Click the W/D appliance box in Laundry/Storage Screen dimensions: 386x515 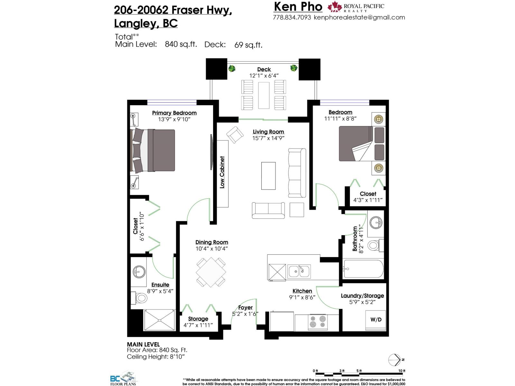[376, 320]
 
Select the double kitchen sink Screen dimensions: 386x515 [299, 271]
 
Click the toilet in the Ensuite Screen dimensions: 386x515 [140, 298]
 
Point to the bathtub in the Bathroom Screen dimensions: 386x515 [363, 269]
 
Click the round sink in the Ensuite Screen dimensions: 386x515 [139, 272]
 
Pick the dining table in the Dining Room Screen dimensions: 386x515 [211, 272]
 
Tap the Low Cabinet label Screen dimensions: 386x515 [222, 172]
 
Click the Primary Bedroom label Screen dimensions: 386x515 [174, 113]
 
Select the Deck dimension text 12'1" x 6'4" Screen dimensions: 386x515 [264, 76]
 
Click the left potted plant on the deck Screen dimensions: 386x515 [232, 68]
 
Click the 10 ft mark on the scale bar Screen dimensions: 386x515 [402, 371]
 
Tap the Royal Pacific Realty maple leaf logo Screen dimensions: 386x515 [334, 7]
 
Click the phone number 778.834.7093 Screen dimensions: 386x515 [292, 18]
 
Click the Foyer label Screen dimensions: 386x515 [245, 308]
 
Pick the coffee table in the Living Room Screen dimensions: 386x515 [268, 176]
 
